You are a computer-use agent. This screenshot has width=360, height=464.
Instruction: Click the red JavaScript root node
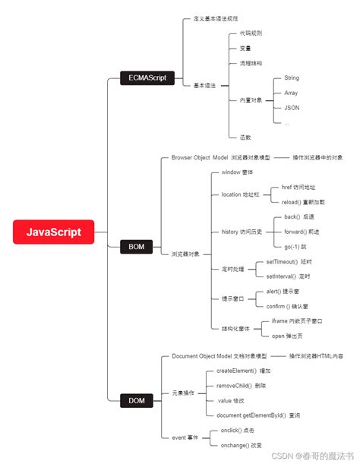click(x=52, y=232)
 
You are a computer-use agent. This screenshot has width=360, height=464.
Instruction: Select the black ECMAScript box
click(x=148, y=77)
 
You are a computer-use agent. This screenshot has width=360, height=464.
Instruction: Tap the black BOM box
click(x=136, y=246)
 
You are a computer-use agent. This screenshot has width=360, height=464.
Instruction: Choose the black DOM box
click(x=136, y=399)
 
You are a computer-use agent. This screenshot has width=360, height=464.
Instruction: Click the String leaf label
click(x=292, y=77)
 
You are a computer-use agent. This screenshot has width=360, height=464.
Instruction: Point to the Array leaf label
click(x=291, y=93)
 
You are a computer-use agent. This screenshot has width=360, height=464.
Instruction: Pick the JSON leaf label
click(x=292, y=108)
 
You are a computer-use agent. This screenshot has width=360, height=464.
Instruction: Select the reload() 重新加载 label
click(x=303, y=202)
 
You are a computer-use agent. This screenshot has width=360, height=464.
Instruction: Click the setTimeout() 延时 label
click(x=289, y=262)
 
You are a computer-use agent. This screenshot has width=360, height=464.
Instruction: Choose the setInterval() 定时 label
click(x=289, y=276)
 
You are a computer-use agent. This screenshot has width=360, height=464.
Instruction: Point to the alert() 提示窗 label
click(x=287, y=292)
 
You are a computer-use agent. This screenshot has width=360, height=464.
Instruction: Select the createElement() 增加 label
click(x=244, y=371)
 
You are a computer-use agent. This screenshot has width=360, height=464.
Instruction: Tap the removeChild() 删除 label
click(x=242, y=385)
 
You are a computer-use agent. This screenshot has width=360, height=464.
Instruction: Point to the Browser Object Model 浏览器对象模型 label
click(x=220, y=157)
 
